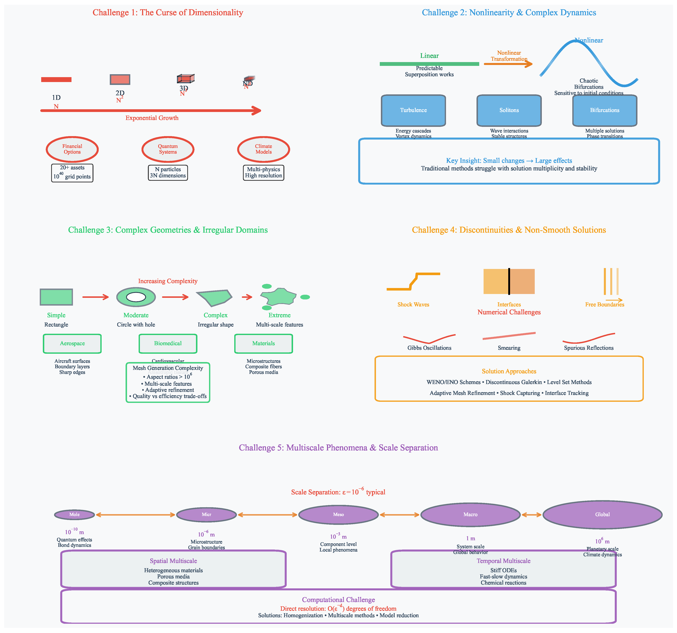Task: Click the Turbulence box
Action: coord(413,110)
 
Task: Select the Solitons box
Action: coord(509,110)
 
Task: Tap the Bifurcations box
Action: coord(604,110)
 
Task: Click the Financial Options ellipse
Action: coord(72,149)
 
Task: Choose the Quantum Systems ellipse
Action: coord(168,149)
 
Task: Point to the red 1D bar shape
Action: coord(56,79)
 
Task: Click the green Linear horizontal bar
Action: coord(429,64)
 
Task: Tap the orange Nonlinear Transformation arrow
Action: coord(507,64)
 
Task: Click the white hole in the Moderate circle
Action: coord(136,297)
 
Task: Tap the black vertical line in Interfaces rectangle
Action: coord(509,281)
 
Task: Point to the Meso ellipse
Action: coord(338,514)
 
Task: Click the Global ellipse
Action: coord(602,514)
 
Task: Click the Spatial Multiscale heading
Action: coord(173,561)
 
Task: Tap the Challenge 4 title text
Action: coord(509,230)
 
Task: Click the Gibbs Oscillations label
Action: coord(429,348)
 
